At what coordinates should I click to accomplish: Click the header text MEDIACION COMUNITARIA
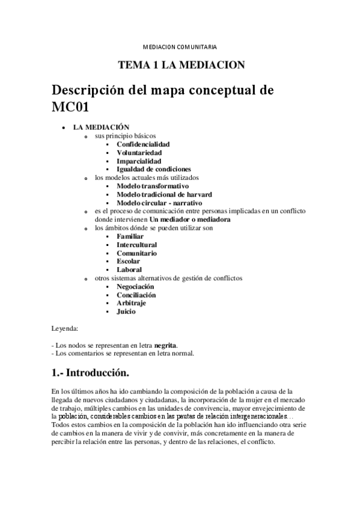tap(180, 46)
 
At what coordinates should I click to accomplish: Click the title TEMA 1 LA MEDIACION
tap(180, 65)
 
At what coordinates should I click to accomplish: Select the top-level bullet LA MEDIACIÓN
tap(102, 127)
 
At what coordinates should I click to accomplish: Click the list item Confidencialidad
tap(143, 144)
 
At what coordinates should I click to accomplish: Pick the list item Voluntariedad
tap(139, 153)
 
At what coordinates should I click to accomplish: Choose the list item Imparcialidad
tap(139, 161)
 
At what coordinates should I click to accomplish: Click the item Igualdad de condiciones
tap(153, 170)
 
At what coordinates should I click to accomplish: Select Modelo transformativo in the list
tap(153, 186)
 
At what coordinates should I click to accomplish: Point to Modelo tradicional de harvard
tap(164, 195)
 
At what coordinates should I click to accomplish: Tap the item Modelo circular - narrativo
tap(159, 203)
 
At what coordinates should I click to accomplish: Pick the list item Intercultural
tap(137, 245)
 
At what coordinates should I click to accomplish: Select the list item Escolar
tap(129, 262)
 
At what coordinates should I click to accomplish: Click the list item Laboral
tap(129, 270)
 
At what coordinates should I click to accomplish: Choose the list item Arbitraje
tap(132, 304)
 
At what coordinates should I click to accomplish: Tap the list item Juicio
tap(126, 312)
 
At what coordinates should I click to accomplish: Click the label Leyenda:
tap(65, 329)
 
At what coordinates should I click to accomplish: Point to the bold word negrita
tap(165, 346)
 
